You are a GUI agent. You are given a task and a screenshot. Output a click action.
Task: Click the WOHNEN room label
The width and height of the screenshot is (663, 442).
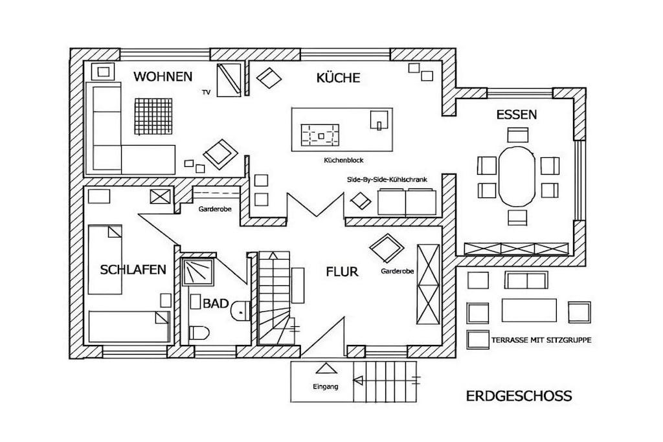point(163,76)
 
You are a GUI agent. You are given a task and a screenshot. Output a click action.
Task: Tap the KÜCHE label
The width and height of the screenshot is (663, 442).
point(338,77)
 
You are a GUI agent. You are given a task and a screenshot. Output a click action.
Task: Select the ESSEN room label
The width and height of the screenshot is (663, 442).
point(516,115)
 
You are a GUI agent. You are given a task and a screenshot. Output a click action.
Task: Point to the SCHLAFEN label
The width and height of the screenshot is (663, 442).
point(133,270)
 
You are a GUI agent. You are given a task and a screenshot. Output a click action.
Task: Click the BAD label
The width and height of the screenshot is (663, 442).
point(216,304)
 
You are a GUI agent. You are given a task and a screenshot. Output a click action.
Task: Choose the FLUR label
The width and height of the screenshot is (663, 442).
point(342,272)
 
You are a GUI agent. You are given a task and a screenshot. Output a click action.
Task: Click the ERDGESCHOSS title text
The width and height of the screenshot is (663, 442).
point(519,396)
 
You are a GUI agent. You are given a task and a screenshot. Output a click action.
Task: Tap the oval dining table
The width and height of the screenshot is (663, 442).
point(517,177)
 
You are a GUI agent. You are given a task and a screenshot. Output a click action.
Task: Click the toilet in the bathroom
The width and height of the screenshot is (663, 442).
point(199,333)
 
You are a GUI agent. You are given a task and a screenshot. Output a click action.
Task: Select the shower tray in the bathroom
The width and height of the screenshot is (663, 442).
point(197,272)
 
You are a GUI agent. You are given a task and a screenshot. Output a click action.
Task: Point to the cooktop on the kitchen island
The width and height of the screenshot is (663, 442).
point(320,135)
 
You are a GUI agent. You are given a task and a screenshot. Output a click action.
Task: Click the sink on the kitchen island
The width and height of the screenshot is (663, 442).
point(379,120)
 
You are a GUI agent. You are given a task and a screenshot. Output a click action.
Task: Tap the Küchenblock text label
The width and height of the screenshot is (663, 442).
point(343,160)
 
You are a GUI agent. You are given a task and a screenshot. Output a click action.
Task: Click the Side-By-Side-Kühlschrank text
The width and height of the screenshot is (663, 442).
point(387,180)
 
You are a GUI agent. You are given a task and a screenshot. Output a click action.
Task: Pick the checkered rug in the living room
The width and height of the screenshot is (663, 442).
point(153,116)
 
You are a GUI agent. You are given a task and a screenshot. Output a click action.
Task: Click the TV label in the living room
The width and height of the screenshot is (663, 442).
point(206,92)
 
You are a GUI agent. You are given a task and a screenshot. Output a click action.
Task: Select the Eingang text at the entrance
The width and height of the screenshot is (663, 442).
point(325,386)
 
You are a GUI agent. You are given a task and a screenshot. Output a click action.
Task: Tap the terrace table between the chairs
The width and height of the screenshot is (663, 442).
point(529,310)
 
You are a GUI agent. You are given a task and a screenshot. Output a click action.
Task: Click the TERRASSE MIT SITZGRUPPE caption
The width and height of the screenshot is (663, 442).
point(541,340)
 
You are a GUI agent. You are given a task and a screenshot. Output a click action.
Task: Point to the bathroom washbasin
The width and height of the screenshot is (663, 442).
point(241,311)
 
